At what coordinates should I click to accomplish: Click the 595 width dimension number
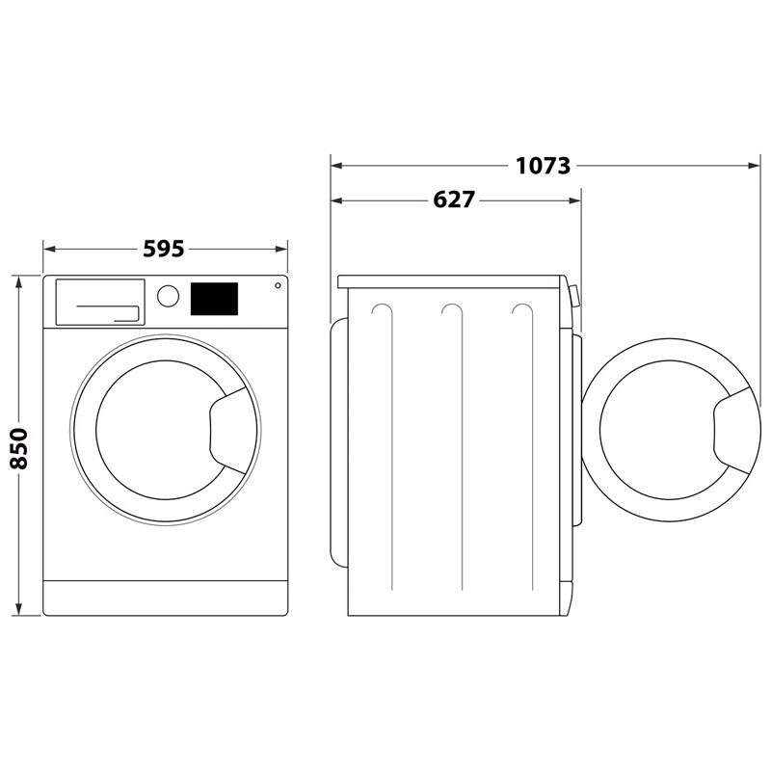[164, 249]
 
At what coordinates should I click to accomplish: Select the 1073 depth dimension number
[543, 166]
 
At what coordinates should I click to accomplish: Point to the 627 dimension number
[454, 200]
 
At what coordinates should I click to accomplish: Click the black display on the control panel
[214, 298]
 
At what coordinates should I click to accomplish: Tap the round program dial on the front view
[168, 295]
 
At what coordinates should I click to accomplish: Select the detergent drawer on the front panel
[99, 303]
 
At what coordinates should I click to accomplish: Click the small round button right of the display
[278, 285]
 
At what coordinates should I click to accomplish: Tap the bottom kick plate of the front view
[166, 598]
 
